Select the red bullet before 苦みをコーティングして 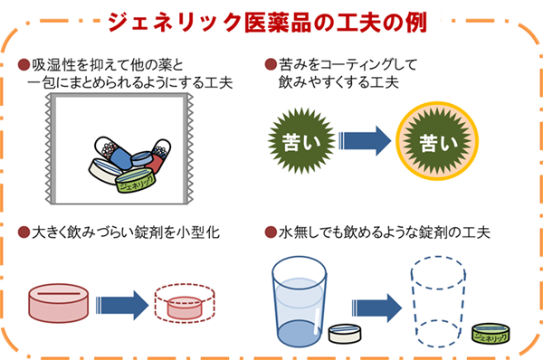coord(270,65)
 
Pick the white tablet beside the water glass coord(344,335)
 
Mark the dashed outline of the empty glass coord(438,298)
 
